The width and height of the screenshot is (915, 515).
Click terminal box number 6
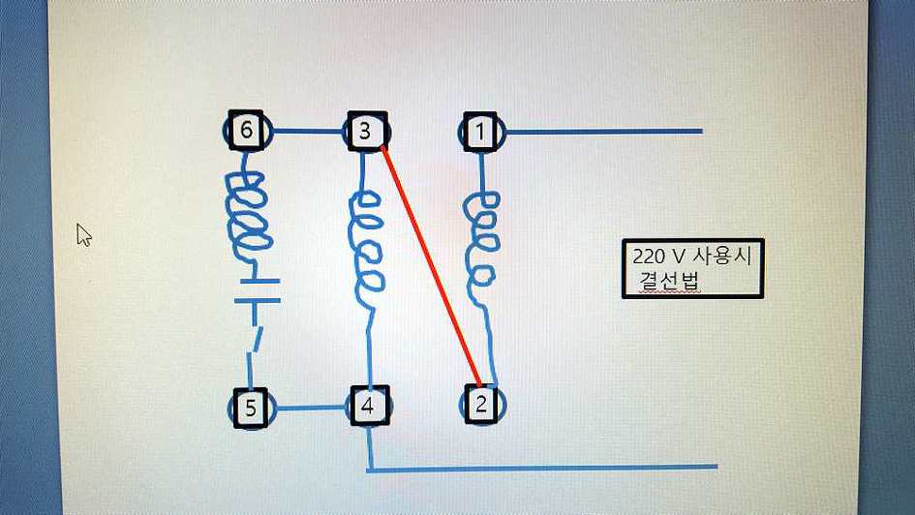point(246,130)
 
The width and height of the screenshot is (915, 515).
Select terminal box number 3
point(365,131)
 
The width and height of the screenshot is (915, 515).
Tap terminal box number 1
point(481,131)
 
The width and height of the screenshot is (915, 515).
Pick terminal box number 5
point(250,408)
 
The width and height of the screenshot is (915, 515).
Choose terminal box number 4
point(367,407)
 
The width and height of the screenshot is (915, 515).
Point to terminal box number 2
point(481,404)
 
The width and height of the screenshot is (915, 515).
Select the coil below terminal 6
point(247,216)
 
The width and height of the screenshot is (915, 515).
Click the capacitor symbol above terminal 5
point(256,290)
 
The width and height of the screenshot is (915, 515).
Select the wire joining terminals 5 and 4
point(309,408)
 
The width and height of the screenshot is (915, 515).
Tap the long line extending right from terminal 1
point(600,131)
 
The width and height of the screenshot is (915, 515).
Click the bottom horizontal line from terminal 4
point(542,469)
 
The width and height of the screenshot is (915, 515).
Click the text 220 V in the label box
point(657,257)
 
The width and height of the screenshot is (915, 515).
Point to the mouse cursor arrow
point(83,234)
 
